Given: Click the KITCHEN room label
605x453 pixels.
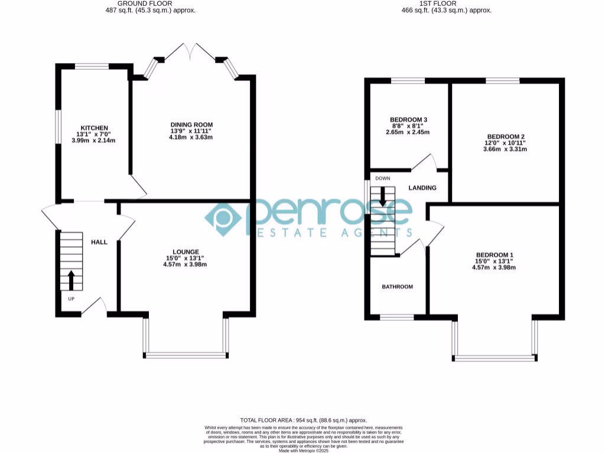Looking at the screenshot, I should pos(94,128).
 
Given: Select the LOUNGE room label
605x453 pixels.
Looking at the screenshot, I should pos(186,252).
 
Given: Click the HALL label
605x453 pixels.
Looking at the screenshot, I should pos(99,242).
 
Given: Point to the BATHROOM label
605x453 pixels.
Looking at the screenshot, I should pos(397,287).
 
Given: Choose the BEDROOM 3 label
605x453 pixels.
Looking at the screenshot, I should pos(408,120).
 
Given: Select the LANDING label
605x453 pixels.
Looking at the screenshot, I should pos(422,188).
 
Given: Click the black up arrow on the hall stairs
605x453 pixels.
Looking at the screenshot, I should pos(71,281).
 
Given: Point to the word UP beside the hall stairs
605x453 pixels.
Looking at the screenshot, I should pos(71,299).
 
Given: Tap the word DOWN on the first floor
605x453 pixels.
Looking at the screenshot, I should pos(382,178).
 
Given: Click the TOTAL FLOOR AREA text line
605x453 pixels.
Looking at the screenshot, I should pos(304,420).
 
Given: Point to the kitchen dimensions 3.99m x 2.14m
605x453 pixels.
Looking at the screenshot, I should pos(94,140).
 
